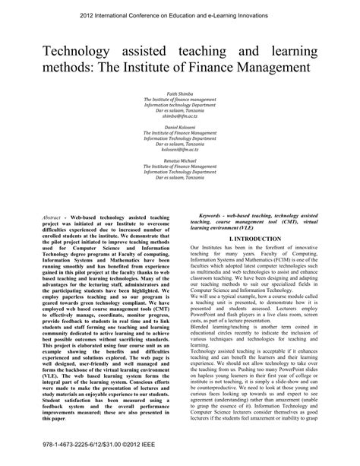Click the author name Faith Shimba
(180, 92)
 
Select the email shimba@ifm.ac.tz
(180, 118)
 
